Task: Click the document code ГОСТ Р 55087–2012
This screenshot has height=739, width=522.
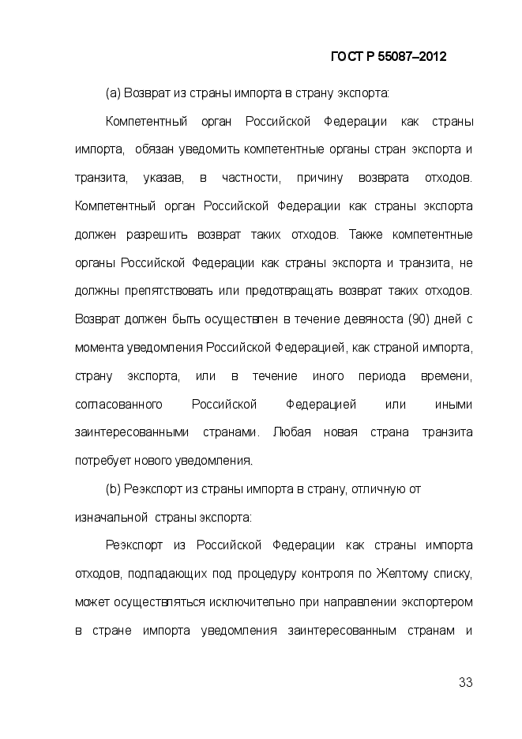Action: (x=388, y=57)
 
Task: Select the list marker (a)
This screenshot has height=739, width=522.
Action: (x=112, y=93)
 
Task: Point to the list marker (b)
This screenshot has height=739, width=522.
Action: (x=112, y=489)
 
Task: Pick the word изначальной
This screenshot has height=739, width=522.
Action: (x=112, y=518)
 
